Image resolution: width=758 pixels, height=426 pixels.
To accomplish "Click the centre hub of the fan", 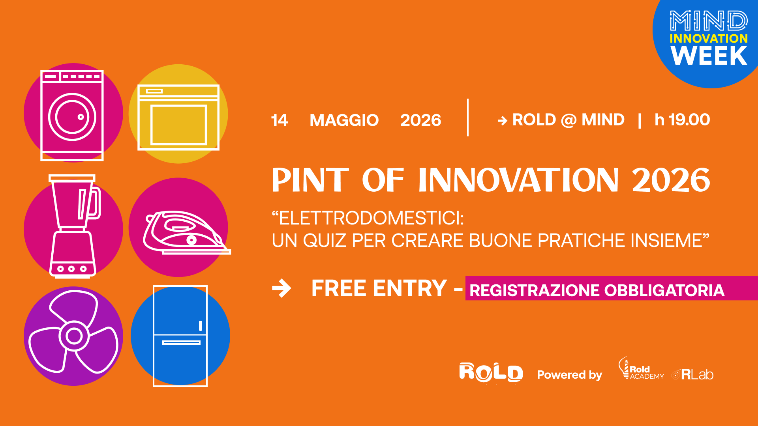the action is [x=74, y=336].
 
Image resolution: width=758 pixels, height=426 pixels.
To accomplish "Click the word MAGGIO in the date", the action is [x=344, y=120].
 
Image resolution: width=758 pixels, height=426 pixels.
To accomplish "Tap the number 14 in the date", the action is [x=280, y=120].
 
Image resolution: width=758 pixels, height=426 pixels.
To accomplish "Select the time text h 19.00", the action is [x=682, y=120].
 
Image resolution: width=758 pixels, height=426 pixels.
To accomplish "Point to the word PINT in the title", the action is [x=310, y=180].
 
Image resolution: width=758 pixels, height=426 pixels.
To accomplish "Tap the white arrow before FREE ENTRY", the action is [x=281, y=288].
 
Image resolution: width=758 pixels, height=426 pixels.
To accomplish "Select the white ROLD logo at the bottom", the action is [x=491, y=372].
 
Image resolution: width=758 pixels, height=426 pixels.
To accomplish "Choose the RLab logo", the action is [x=692, y=374].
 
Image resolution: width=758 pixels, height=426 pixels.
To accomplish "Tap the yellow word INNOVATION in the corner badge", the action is [x=709, y=38].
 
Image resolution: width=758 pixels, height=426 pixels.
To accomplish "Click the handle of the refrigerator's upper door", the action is [x=201, y=325].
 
